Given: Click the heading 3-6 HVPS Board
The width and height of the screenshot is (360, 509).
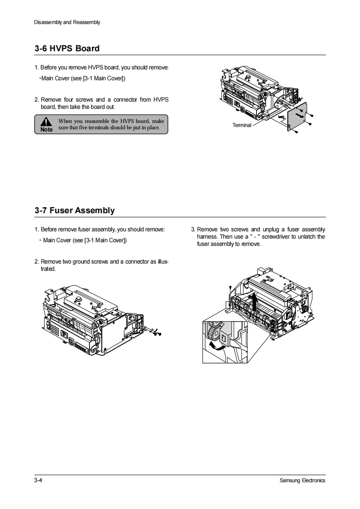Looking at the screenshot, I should coord(67,49).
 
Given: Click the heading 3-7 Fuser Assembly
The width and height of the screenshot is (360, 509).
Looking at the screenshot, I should coord(74,210).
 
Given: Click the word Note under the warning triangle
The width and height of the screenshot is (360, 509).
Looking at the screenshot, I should coord(46,130).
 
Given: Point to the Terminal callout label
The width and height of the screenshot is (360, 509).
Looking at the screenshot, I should coord(242,125).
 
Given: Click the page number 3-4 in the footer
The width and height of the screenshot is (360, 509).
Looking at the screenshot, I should coord(38,480).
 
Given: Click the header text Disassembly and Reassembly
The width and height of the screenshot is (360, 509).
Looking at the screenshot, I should coord(67,22).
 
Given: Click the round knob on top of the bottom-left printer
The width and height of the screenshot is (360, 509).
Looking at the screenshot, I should coord(78,299).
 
